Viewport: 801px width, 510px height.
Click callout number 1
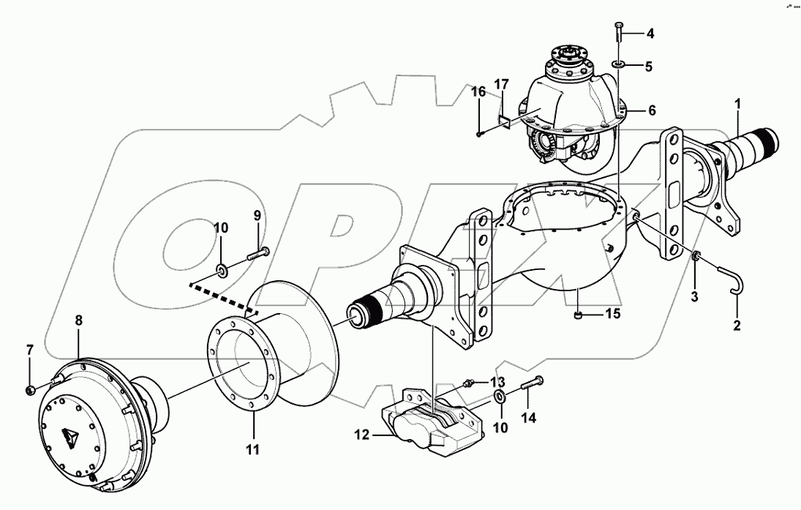pyautogui.click(x=739, y=104)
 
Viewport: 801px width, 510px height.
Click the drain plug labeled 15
pyautogui.click(x=577, y=315)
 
